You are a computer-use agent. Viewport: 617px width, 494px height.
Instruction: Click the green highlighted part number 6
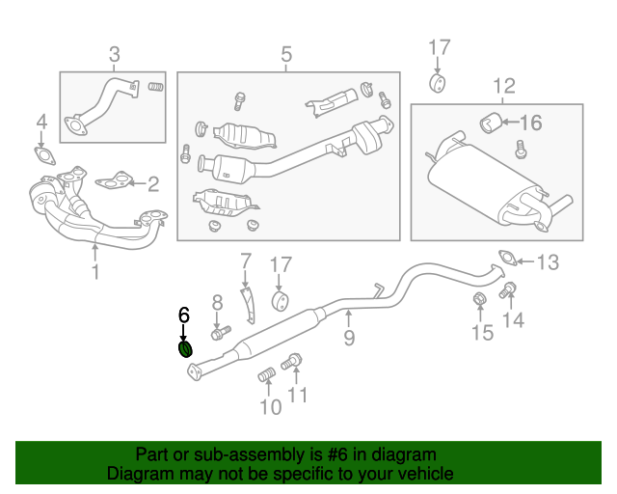pos(186,348)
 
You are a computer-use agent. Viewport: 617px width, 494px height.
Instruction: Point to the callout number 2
pos(152,181)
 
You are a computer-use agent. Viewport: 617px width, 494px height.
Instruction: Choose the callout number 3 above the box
pos(114,55)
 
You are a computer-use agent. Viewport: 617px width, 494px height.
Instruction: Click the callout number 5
pos(286,55)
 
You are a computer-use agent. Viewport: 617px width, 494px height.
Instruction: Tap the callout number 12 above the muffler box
pos(503,88)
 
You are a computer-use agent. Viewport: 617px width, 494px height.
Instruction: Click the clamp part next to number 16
pos(490,122)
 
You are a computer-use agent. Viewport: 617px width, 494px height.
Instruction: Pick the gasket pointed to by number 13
pos(506,258)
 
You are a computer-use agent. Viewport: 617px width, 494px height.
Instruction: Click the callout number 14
pos(514,320)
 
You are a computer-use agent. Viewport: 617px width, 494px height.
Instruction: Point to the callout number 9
pos(349,337)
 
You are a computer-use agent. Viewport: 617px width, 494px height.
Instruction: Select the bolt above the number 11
pos(292,363)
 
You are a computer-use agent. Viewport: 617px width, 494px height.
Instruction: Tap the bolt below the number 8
pos(219,333)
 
